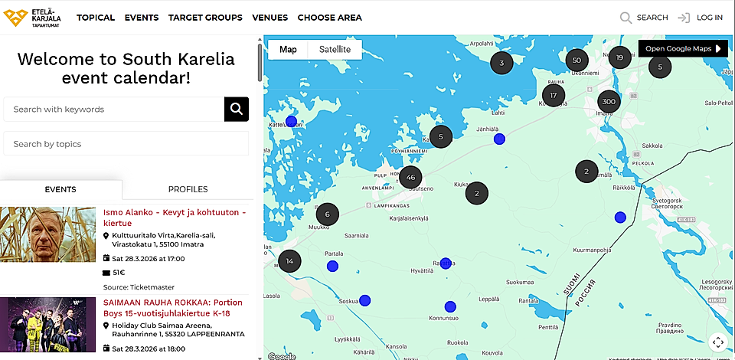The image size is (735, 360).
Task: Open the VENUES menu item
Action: [269, 18]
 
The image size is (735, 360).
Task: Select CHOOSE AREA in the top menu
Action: [329, 18]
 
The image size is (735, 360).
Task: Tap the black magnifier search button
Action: [237, 110]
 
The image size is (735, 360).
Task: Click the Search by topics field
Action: [126, 144]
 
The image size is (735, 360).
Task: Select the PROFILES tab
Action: [188, 189]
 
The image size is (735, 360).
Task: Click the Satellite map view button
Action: [335, 50]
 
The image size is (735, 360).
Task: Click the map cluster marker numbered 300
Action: [609, 102]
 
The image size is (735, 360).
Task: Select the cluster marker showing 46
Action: [411, 178]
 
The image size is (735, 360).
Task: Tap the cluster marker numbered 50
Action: [577, 61]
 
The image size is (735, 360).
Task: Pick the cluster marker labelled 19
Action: [619, 57]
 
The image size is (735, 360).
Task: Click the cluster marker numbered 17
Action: [553, 96]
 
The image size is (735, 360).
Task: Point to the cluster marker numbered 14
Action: [289, 261]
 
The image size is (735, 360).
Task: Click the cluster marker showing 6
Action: [327, 215]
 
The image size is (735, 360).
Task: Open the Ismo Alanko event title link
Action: [175, 218]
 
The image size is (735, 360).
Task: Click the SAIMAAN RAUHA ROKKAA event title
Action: [172, 308]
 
